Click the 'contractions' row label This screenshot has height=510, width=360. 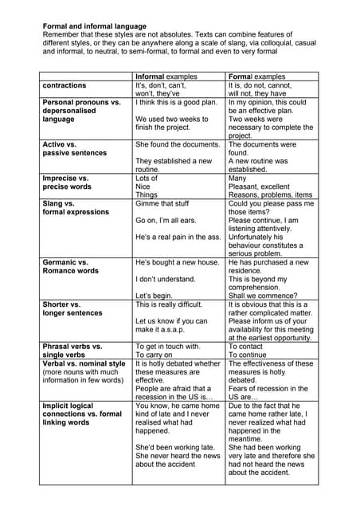65,85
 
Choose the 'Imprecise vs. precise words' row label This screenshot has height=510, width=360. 66,182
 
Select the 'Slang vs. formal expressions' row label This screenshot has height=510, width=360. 76,208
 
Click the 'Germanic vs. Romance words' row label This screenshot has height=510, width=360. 71,266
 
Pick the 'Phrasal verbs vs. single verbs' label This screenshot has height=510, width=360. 72,351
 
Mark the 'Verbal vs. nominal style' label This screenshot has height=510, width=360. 84,364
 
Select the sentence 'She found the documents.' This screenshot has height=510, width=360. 178,144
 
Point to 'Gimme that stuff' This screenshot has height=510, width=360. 162,203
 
